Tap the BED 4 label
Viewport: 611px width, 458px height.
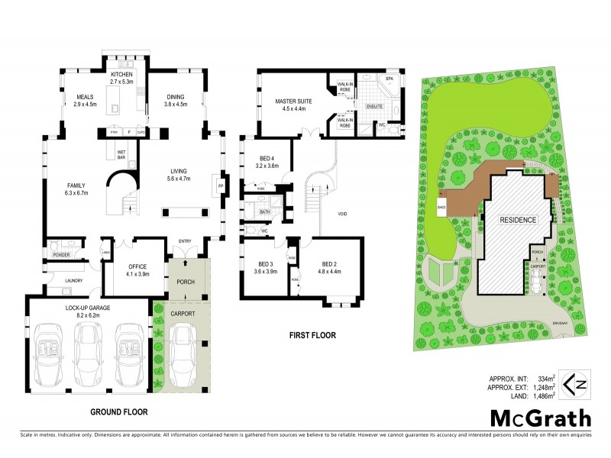[264, 157]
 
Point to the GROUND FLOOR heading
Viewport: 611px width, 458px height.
[118, 411]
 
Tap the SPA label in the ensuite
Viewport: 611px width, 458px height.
[389, 79]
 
